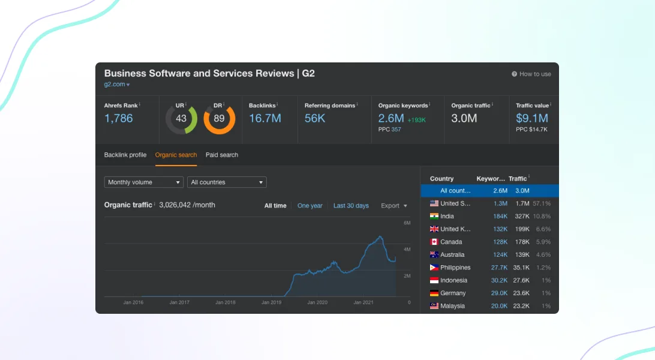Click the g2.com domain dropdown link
coord(117,85)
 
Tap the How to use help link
coord(531,74)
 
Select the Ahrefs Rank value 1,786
coord(119,119)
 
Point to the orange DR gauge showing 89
coord(220,131)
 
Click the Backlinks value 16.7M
coord(265,119)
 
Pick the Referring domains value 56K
coord(315,119)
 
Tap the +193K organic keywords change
coord(416,120)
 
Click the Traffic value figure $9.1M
coord(532,119)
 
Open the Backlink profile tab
coord(125,155)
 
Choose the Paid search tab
coord(222,155)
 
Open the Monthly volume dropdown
coord(144,182)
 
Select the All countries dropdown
coord(227,182)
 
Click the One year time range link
coord(310,205)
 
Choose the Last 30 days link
coord(351,205)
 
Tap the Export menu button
coord(394,205)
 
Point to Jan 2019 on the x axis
coord(272,302)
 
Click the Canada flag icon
coord(434,242)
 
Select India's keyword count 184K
coord(500,217)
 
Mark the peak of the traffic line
coord(380,236)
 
